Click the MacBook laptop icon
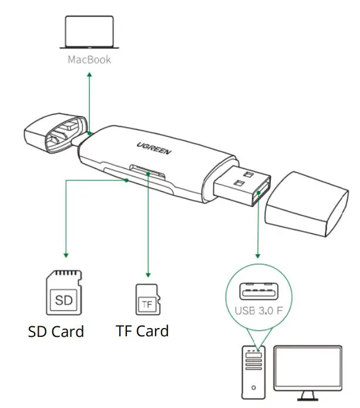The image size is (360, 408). pyautogui.click(x=89, y=34)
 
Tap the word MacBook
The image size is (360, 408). pyautogui.click(x=89, y=59)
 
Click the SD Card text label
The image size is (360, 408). pyautogui.click(x=56, y=331)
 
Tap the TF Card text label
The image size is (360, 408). pyautogui.click(x=142, y=331)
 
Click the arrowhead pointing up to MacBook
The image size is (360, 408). pyautogui.click(x=89, y=75)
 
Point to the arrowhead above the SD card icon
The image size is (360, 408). pyautogui.click(x=66, y=256)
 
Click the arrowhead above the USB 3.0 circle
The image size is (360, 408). pyautogui.click(x=257, y=256)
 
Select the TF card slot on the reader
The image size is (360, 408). pyautogui.click(x=146, y=169)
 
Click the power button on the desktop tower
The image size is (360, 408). pyautogui.click(x=253, y=387)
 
